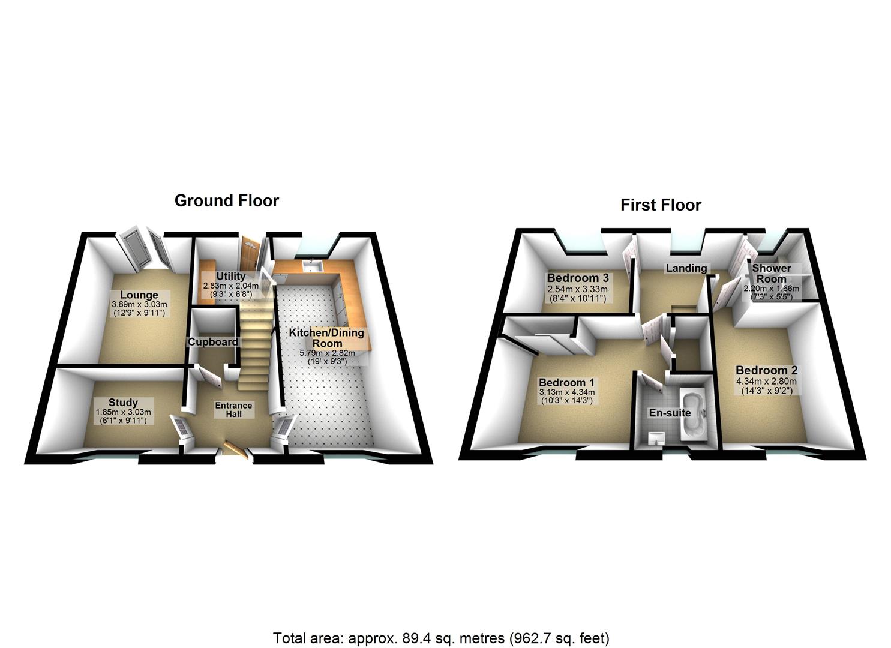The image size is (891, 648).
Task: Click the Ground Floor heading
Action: pos(226,200)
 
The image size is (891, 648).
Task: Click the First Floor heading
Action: pos(661,205)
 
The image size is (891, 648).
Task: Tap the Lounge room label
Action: pos(139,295)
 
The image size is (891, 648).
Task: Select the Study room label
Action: pos(123,402)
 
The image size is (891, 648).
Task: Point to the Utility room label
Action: pos(230,276)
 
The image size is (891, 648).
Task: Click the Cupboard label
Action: pos(213,342)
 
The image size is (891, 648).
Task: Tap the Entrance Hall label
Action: pos(233,409)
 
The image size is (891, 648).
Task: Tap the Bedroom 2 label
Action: pos(766,370)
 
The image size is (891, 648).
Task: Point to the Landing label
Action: pos(686,268)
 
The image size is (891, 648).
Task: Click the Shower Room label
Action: pos(772,273)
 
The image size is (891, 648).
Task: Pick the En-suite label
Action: pos(670,413)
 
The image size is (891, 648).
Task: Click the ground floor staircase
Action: pos(253,342)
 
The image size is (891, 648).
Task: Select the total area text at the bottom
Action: pos(441,637)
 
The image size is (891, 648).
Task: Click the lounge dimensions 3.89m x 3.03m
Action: pos(139,305)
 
